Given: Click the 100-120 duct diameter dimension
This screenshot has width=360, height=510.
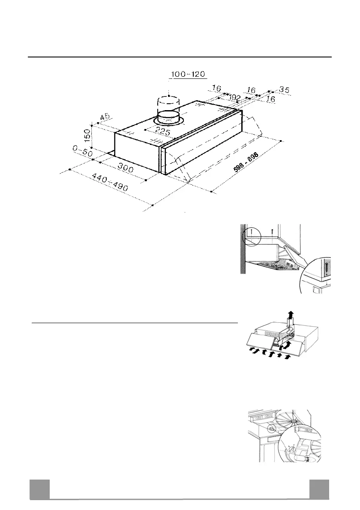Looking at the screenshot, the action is pyautogui.click(x=189, y=75).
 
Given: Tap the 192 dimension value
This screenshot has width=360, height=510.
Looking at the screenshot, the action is pyautogui.click(x=234, y=98).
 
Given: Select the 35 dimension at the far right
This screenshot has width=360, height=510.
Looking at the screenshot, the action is pyautogui.click(x=284, y=90).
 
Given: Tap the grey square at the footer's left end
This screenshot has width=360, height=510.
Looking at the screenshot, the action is pyautogui.click(x=39, y=489).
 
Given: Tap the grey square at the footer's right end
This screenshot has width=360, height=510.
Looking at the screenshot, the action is pyautogui.click(x=319, y=489).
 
